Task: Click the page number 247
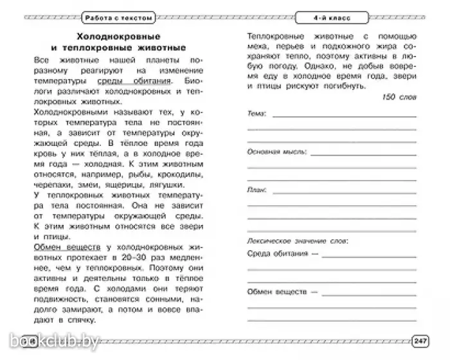[x=420, y=340]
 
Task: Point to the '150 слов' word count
[x=399, y=96]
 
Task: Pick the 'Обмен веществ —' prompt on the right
[x=283, y=291]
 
